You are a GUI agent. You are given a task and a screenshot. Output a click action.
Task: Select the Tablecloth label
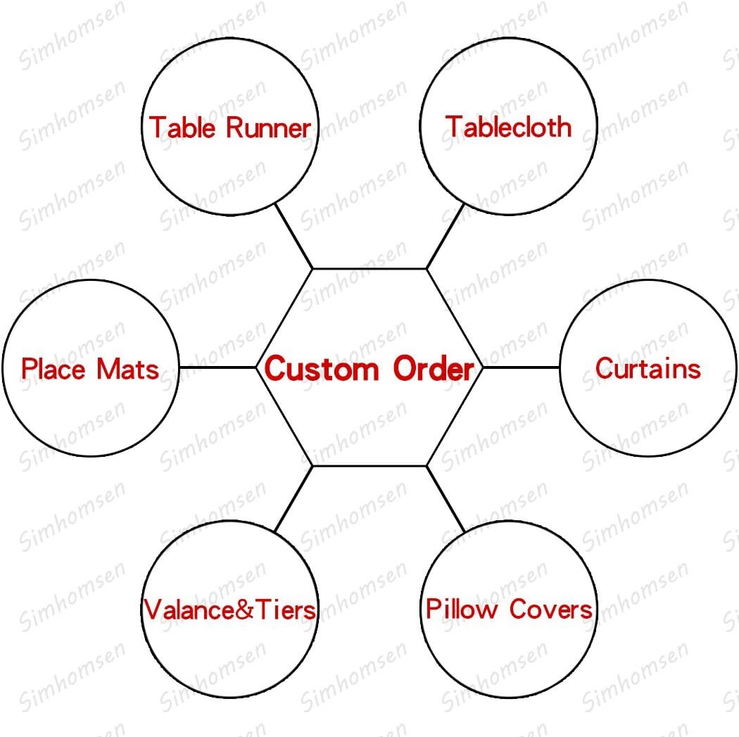tap(508, 127)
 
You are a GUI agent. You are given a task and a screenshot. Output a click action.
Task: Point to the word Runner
tap(268, 128)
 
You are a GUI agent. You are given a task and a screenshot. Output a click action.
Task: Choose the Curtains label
tap(648, 368)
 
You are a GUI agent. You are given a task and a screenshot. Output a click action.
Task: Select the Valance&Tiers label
tap(230, 610)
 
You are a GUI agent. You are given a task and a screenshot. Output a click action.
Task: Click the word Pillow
tap(461, 609)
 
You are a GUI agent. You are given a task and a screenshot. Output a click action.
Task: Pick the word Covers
tap(551, 609)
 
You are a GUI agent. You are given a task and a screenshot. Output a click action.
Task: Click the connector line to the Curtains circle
tap(521, 367)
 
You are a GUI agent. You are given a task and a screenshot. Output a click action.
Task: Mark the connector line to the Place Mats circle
tap(217, 367)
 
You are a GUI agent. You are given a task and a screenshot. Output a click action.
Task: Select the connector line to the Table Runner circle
tap(293, 236)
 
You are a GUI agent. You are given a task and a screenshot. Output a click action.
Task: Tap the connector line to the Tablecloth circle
tap(446, 237)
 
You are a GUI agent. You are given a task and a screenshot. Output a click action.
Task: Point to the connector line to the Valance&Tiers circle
tap(293, 498)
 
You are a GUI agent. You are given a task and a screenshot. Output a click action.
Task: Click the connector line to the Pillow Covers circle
tap(446, 498)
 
